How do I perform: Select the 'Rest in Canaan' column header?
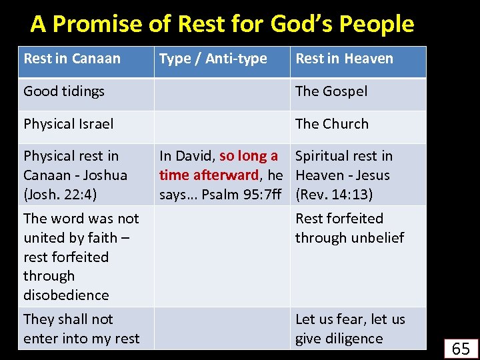pyautogui.click(x=72, y=59)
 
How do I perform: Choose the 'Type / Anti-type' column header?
pyautogui.click(x=213, y=59)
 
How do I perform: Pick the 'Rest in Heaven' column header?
pyautogui.click(x=344, y=59)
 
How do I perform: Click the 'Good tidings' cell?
pyautogui.click(x=64, y=91)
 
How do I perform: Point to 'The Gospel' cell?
pyautogui.click(x=331, y=91)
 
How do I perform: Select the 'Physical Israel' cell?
pyautogui.click(x=69, y=124)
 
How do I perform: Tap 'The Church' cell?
pyautogui.click(x=331, y=124)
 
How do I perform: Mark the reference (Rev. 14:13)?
pyautogui.click(x=334, y=195)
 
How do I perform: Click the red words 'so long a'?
pyautogui.click(x=249, y=156)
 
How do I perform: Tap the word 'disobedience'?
pyautogui.click(x=66, y=295)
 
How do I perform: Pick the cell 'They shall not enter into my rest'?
pyautogui.click(x=81, y=329)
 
